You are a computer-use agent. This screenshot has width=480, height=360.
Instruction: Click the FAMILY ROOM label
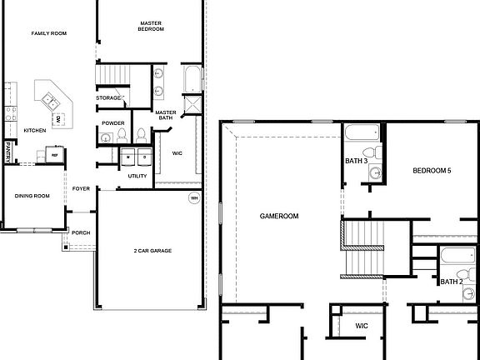pyautogui.click(x=48, y=33)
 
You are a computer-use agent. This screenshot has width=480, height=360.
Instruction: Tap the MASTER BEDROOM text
pyautogui.click(x=151, y=26)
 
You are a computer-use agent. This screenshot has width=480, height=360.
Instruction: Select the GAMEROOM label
pyautogui.click(x=279, y=216)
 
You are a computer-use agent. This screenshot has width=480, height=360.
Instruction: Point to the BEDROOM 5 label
pyautogui.click(x=432, y=171)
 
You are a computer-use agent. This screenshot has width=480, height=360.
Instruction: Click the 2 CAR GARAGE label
pyautogui.click(x=152, y=250)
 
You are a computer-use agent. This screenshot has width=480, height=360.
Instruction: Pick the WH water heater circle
pyautogui.click(x=194, y=198)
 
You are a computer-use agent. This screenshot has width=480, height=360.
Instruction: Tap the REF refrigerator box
pyautogui.click(x=55, y=155)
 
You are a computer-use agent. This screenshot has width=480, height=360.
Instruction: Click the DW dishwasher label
pyautogui.click(x=59, y=120)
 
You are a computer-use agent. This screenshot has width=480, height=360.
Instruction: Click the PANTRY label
pyautogui.click(x=7, y=152)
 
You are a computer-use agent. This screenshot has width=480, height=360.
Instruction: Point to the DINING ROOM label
pyautogui.click(x=32, y=196)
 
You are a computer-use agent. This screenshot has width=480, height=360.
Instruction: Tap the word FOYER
pyautogui.click(x=81, y=189)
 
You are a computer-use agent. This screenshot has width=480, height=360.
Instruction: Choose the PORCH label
pyautogui.click(x=81, y=232)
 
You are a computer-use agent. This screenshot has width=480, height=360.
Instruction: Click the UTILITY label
pyautogui.click(x=137, y=176)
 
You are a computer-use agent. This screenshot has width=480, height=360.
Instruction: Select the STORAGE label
pyautogui.click(x=107, y=98)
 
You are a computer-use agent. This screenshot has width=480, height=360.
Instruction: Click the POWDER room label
pyautogui.click(x=113, y=123)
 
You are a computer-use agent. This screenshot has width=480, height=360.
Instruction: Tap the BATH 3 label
pyautogui.click(x=356, y=161)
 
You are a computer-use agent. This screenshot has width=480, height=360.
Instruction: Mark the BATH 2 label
pyautogui.click(x=451, y=282)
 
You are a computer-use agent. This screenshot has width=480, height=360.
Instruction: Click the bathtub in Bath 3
pyautogui.click(x=361, y=132)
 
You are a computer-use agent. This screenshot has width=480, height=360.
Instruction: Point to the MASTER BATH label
pyautogui.click(x=166, y=115)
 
